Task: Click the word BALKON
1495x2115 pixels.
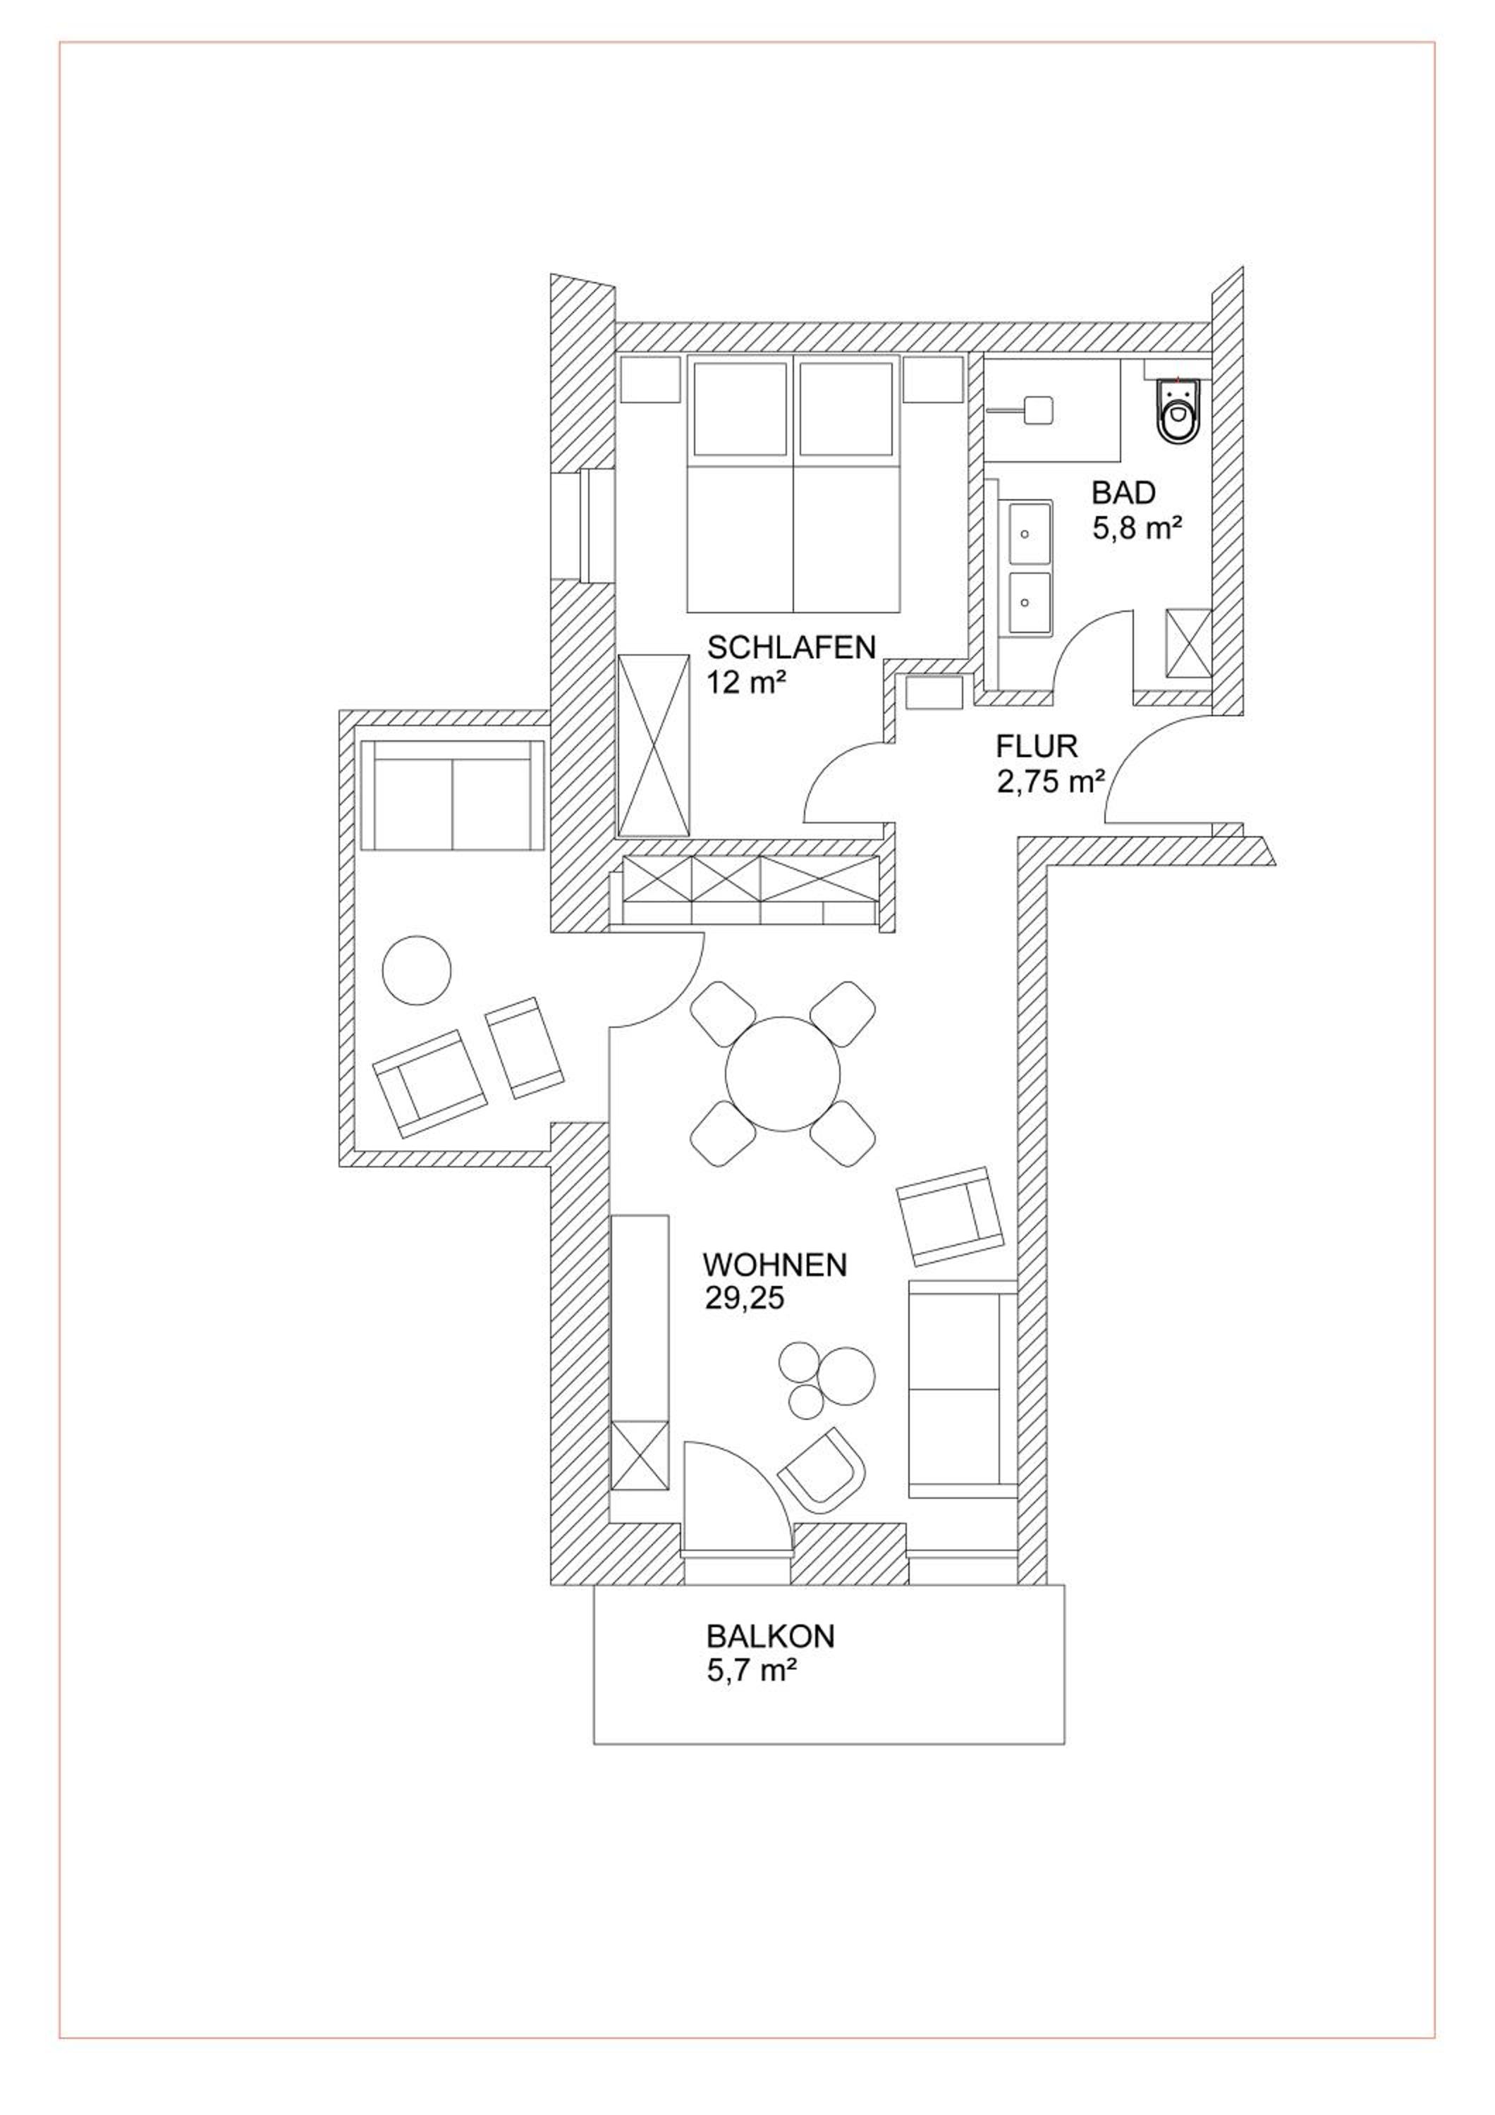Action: [x=770, y=1636]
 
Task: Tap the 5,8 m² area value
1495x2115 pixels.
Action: [x=1137, y=529]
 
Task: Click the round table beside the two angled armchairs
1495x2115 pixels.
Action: [x=416, y=971]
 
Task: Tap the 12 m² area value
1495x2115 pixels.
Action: [x=745, y=682]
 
